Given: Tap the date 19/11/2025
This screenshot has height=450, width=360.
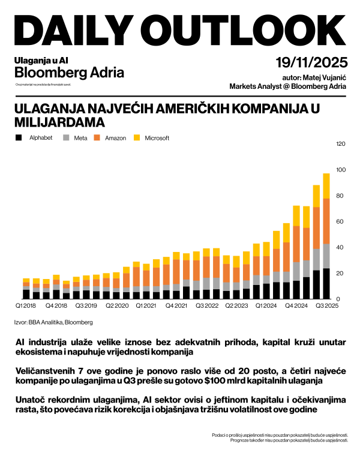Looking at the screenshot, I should tap(311, 63).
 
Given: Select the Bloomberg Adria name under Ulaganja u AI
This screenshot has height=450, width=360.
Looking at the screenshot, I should tap(69, 73).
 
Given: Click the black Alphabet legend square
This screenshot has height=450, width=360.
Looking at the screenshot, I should tap(19, 138).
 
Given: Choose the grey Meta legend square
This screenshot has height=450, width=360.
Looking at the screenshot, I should tap(67, 138).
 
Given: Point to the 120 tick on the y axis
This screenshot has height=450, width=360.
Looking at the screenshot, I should tap(341, 144).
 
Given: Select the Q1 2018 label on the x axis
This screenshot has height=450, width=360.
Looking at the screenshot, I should tap(25, 305).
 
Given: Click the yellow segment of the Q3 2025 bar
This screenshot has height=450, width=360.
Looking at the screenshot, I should tap(326, 186).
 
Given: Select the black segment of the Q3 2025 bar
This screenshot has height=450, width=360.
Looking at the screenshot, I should tap(326, 283).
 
